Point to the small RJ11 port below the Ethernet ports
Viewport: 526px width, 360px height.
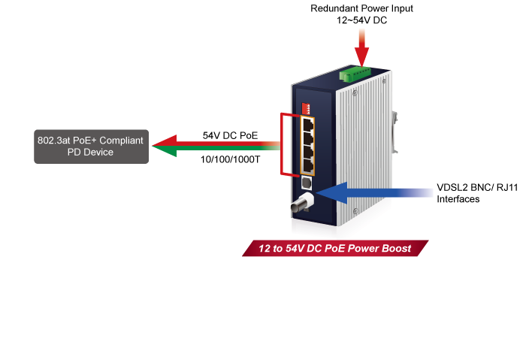click(307, 183)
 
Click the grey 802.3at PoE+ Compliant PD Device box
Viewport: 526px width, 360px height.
click(90, 146)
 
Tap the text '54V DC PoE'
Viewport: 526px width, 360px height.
click(230, 135)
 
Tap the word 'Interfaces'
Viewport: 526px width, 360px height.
click(459, 200)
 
